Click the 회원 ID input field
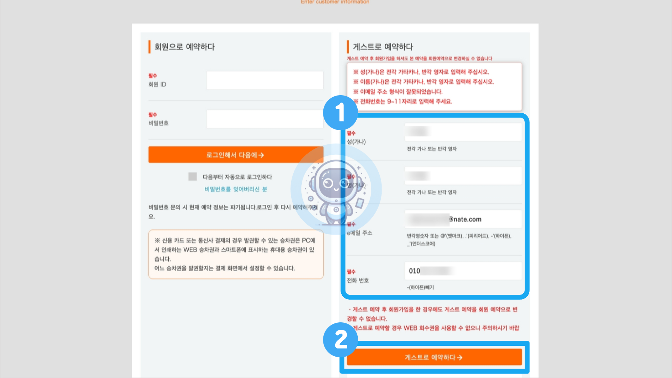click(x=265, y=80)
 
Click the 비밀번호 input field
click(x=265, y=119)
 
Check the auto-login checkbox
click(x=192, y=177)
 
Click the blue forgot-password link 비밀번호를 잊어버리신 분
click(x=236, y=189)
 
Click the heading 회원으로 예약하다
click(x=184, y=47)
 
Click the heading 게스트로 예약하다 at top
click(x=383, y=47)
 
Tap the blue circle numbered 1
click(x=340, y=113)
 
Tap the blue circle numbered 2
click(x=340, y=339)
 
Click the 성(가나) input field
click(x=463, y=132)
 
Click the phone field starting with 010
click(x=463, y=271)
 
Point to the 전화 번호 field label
click(x=358, y=280)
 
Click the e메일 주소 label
click(x=359, y=233)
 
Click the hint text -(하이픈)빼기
click(x=420, y=287)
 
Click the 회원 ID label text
click(x=157, y=84)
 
